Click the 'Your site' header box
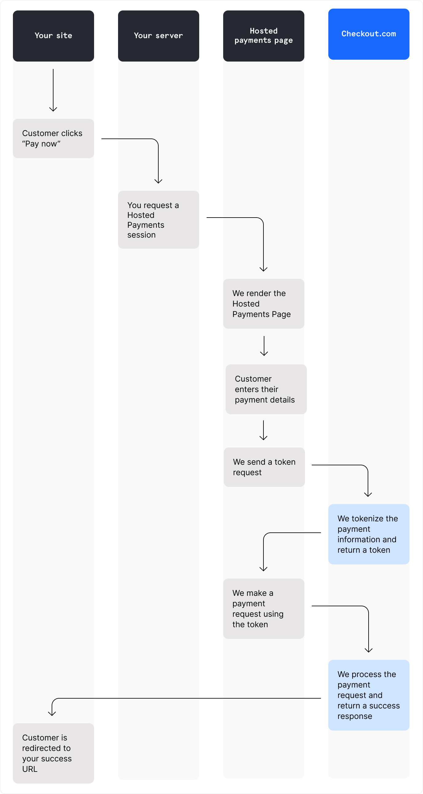[53, 36]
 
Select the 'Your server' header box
[158, 36]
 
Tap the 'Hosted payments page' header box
[263, 36]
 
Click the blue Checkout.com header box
[369, 34]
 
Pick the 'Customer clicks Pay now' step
[53, 138]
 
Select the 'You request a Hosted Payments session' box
[158, 219]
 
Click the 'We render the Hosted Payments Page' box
[263, 304]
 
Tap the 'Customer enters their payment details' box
[266, 389]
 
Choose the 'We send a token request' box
[264, 467]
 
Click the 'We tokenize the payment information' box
[369, 534]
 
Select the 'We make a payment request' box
[263, 608]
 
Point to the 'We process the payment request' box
[369, 695]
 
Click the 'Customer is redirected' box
[53, 753]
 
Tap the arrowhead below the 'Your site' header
[53, 109]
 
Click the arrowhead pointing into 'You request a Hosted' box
[158, 181]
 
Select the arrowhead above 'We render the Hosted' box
[263, 269]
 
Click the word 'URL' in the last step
[30, 769]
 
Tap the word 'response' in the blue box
[355, 716]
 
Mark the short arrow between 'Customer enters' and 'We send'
[263, 430]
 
